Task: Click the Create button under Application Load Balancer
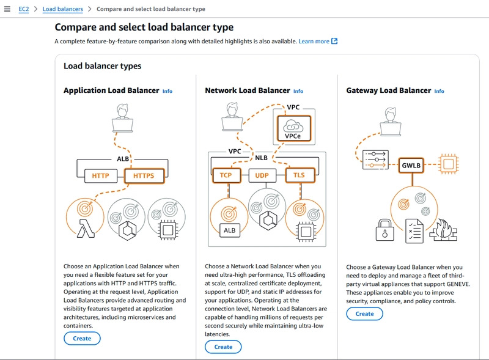82,339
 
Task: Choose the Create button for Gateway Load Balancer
364,314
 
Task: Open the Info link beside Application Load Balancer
167,91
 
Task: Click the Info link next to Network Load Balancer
298,91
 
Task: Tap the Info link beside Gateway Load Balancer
439,91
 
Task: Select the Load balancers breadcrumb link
63,9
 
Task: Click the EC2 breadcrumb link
24,9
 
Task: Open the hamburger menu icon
7,9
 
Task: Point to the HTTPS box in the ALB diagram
144,176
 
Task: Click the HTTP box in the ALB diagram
101,176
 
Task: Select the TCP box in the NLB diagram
226,175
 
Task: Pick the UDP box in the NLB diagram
262,175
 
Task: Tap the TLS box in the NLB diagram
300,175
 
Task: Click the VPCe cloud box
294,128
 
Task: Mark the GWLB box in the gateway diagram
411,166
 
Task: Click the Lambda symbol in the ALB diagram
86,229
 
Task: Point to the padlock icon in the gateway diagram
385,230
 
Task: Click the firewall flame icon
444,230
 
